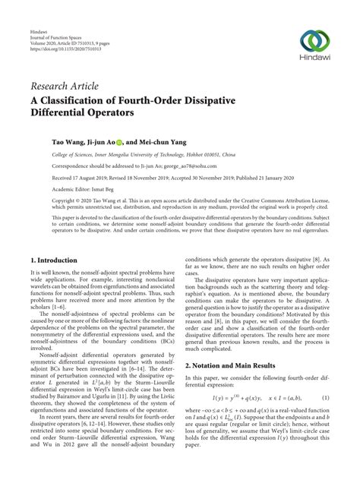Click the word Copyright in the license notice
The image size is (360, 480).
click(x=43, y=203)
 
